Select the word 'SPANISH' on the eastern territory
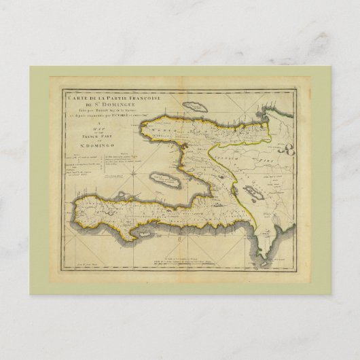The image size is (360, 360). tap(225, 146)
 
